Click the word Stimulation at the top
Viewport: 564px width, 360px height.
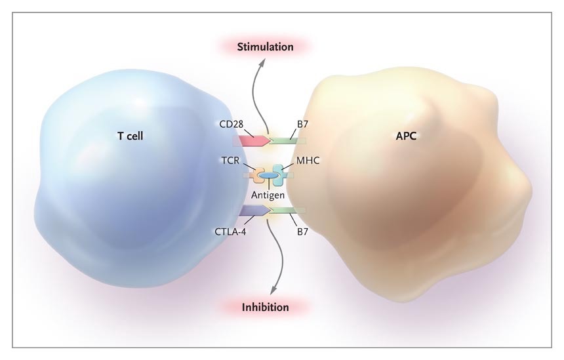tap(265, 47)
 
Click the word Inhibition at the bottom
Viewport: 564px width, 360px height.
tap(265, 306)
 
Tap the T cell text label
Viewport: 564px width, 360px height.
tap(130, 136)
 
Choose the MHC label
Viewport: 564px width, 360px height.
tap(303, 160)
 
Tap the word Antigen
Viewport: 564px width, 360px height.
tap(268, 194)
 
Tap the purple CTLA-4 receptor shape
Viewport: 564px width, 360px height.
tap(252, 210)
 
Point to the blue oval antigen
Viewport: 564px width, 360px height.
tap(268, 176)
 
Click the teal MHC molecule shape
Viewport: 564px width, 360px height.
tap(281, 174)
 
